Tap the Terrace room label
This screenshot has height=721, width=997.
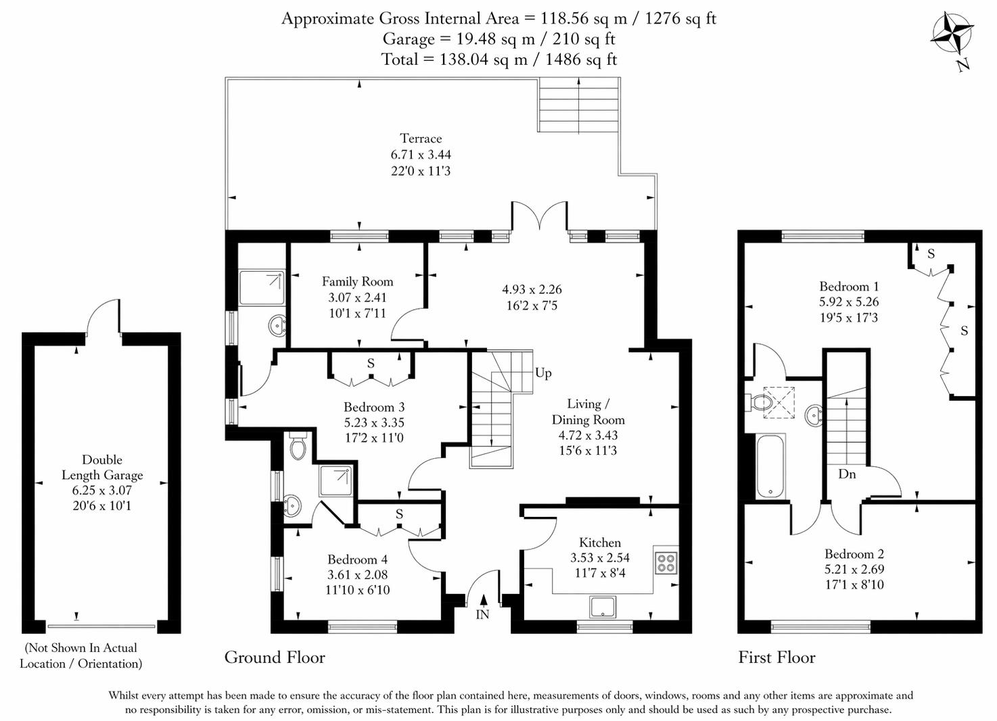tap(420, 139)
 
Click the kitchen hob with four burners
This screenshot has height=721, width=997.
tap(666, 562)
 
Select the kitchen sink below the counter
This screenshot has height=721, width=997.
tap(603, 606)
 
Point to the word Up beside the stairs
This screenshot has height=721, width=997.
tap(543, 373)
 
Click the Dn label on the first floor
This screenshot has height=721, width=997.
tap(847, 474)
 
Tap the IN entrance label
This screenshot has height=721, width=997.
tap(482, 614)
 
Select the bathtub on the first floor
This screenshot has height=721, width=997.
tap(770, 467)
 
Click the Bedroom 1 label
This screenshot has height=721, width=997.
tap(849, 287)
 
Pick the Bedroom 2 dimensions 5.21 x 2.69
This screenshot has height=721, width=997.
tap(854, 570)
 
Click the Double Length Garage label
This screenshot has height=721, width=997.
tap(102, 467)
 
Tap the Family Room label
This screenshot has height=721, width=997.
tap(357, 282)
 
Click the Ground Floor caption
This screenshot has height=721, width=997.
tap(275, 657)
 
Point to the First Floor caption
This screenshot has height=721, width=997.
tap(776, 657)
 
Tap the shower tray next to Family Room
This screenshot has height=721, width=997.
tap(262, 288)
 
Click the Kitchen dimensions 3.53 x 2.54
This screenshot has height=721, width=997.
tap(600, 558)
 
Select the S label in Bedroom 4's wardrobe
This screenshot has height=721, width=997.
tap(399, 515)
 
